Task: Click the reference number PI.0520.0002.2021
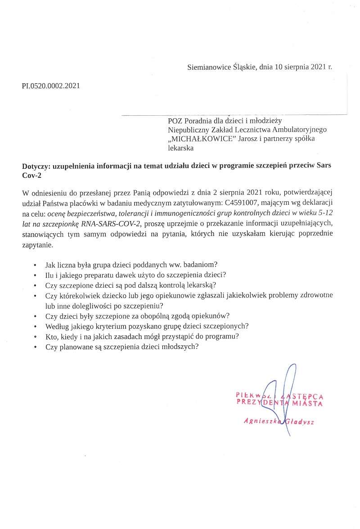[x=51, y=86]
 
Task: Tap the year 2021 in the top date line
[x=317, y=67]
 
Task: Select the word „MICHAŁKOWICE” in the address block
[x=198, y=139]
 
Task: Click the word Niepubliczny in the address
[x=187, y=130]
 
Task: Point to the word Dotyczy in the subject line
[x=36, y=166]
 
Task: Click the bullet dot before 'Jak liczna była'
[x=35, y=265]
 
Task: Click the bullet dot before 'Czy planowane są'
[x=35, y=348]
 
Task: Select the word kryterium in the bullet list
[x=118, y=326]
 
